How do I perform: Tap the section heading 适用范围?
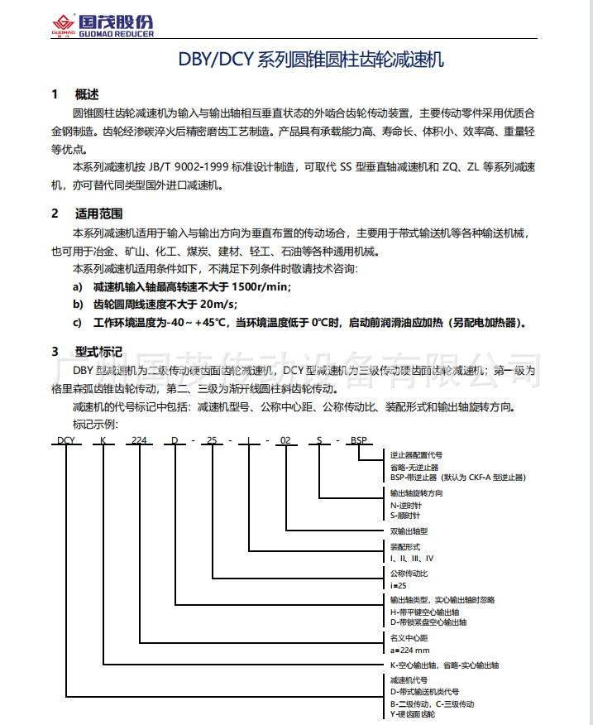point(98,213)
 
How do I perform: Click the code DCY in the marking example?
point(67,440)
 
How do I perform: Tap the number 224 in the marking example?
point(140,440)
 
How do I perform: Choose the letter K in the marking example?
point(103,440)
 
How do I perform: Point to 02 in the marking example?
point(286,440)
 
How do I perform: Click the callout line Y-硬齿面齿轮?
point(412,713)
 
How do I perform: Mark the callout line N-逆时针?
point(406,504)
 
